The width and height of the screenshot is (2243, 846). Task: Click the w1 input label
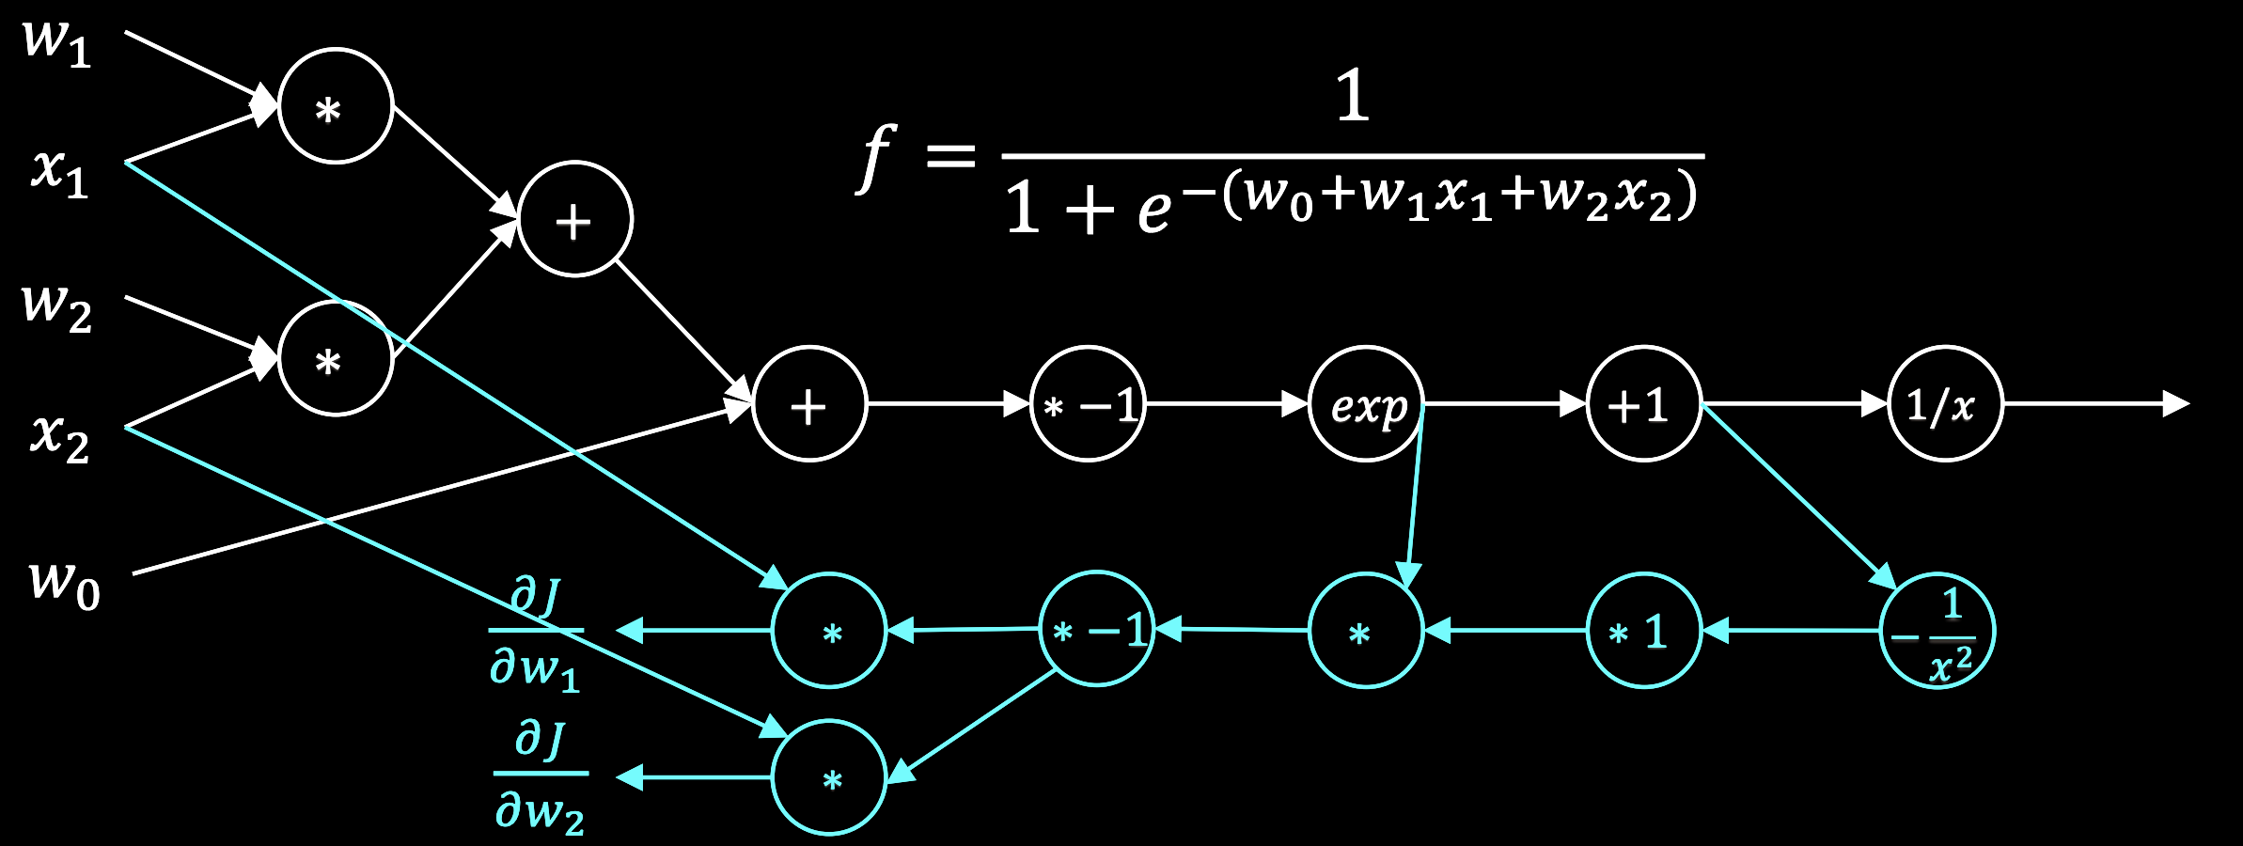(x=56, y=42)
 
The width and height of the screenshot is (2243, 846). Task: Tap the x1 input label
(x=59, y=173)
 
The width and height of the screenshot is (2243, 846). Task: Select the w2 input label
(x=56, y=307)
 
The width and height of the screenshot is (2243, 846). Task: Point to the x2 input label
(x=59, y=438)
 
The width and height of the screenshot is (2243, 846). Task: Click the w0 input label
(x=64, y=584)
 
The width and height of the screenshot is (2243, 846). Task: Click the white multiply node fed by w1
(x=336, y=106)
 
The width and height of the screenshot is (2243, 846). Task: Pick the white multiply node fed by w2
(x=336, y=358)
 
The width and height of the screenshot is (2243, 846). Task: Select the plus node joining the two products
(x=574, y=220)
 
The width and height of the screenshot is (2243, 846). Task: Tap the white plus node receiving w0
(x=808, y=404)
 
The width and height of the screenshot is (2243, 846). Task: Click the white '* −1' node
(x=1088, y=404)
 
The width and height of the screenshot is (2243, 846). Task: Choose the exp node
(x=1366, y=404)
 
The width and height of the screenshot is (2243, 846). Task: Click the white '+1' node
(x=1643, y=404)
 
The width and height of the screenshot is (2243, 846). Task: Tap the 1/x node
(x=1945, y=404)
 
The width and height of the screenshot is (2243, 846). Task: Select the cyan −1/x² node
(x=1937, y=631)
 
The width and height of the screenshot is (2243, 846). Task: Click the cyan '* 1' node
(x=1643, y=631)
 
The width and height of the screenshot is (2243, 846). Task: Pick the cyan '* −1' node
(x=1096, y=628)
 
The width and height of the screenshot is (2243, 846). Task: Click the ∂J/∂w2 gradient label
(x=540, y=775)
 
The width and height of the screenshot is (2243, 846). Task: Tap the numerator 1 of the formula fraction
(x=1353, y=96)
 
